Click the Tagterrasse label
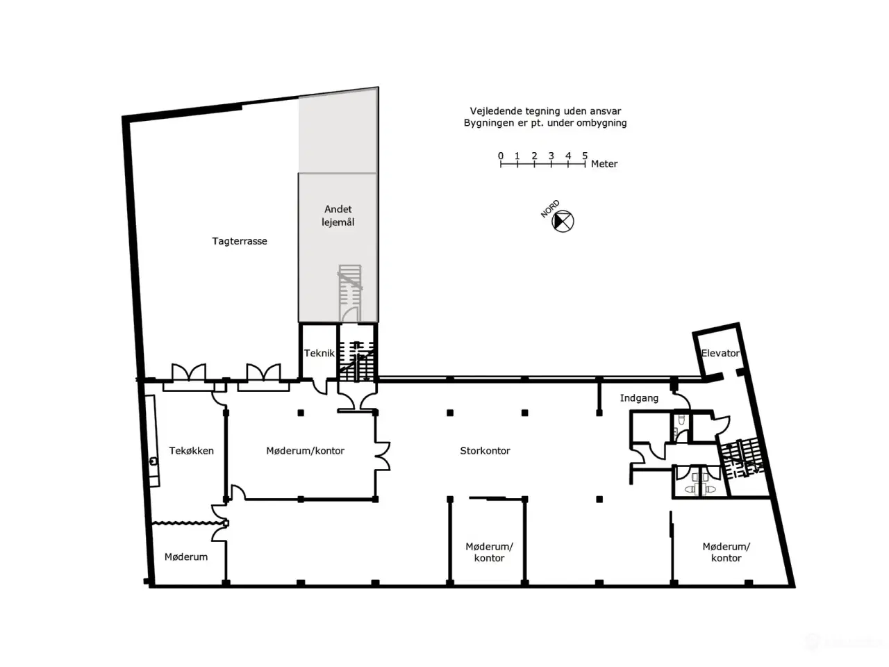[x=240, y=241]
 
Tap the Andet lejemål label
[x=338, y=215]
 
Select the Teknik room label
[x=319, y=353]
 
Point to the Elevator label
[x=720, y=353]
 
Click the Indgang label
[x=639, y=398]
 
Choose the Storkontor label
[x=485, y=451]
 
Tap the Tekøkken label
[x=191, y=451]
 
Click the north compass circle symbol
[x=563, y=222]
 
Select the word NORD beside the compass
[x=550, y=208]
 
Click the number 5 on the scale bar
[x=585, y=156]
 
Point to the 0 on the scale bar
[x=501, y=156]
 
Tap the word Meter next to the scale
[x=604, y=163]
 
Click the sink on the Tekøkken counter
[x=153, y=461]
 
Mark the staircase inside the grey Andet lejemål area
[x=350, y=293]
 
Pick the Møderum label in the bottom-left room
[x=186, y=557]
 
